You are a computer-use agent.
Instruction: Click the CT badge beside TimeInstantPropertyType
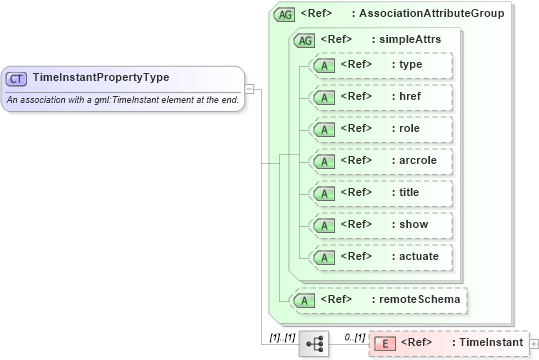[x=17, y=78]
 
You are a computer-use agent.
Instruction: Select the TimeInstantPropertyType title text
[x=101, y=78]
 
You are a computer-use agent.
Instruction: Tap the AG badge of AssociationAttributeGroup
[x=285, y=15]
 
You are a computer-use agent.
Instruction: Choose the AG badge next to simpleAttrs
[x=304, y=40]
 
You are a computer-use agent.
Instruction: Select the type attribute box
[x=381, y=65]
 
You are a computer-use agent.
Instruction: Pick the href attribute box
[x=381, y=97]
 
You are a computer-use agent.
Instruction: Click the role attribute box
[x=381, y=129]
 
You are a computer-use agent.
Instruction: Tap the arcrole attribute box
[x=381, y=161]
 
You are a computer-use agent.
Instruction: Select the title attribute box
[x=381, y=193]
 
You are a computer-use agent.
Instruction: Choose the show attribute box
[x=381, y=225]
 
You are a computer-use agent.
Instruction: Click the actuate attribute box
[x=381, y=257]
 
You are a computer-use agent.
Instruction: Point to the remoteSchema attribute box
[x=377, y=299]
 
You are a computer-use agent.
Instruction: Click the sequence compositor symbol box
[x=314, y=343]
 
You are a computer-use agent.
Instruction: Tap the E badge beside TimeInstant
[x=383, y=344]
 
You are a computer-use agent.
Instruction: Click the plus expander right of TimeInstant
[x=533, y=344]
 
